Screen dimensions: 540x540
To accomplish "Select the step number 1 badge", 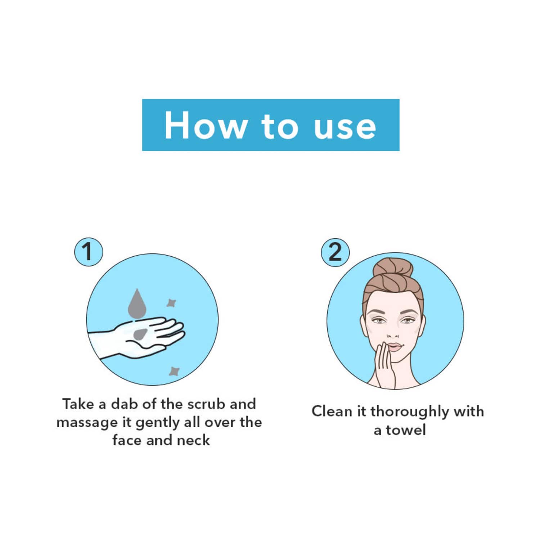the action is (x=89, y=252).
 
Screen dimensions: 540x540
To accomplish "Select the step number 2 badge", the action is (x=336, y=252).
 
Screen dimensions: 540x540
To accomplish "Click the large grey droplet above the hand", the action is (x=137, y=303).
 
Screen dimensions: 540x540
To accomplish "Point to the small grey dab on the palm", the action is (x=140, y=334).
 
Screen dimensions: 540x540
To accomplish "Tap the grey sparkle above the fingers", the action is (x=171, y=303).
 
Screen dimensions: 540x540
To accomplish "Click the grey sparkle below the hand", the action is (x=175, y=371).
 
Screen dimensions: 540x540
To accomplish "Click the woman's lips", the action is (x=395, y=347).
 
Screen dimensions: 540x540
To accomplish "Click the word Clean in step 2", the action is (x=332, y=411).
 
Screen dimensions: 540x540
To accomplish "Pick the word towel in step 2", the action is (x=406, y=430).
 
